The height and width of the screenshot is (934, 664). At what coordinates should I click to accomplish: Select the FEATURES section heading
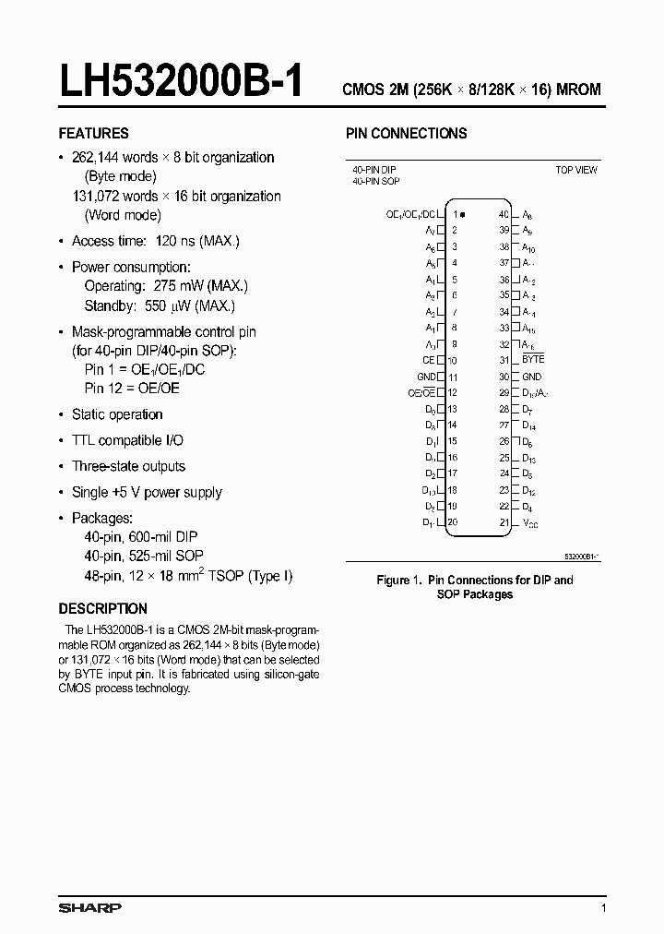click(x=93, y=133)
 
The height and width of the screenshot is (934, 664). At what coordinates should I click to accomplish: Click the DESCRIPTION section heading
click(x=102, y=609)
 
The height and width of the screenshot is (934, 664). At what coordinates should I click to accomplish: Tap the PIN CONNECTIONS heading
click(x=406, y=133)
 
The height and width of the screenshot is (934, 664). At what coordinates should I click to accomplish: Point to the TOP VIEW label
click(x=575, y=170)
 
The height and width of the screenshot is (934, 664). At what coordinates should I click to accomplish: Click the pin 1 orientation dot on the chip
click(x=461, y=214)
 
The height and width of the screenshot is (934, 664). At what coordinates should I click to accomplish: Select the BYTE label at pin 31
click(x=533, y=359)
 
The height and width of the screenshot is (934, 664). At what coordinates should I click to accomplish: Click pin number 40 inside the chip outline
click(x=504, y=214)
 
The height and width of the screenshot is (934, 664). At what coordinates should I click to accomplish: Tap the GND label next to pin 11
click(x=426, y=377)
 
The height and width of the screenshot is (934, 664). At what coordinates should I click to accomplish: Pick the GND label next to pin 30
click(x=532, y=377)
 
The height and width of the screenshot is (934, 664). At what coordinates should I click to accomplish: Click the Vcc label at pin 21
click(x=530, y=523)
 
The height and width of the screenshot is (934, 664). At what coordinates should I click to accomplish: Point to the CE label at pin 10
click(x=428, y=360)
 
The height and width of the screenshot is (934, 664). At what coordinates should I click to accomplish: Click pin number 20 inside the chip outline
click(x=453, y=522)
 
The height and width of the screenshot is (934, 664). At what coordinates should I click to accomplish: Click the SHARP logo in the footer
click(x=89, y=908)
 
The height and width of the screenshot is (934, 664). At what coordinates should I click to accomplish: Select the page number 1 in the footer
click(x=603, y=909)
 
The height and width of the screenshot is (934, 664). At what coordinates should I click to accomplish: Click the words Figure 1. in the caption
click(x=400, y=581)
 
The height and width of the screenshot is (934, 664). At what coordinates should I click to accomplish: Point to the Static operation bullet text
click(x=117, y=415)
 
